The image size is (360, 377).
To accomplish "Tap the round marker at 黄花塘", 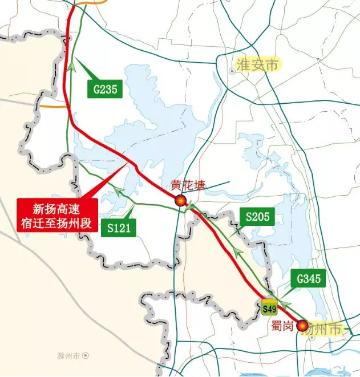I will click(180, 200).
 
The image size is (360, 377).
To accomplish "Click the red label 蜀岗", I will click(282, 326).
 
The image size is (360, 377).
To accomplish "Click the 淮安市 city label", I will click(258, 64).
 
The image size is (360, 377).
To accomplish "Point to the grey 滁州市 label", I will click(69, 355).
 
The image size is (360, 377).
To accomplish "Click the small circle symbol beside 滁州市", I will click(86, 355).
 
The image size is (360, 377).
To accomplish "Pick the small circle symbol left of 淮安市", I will click(231, 71).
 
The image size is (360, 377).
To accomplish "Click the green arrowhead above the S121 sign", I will click(119, 192).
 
